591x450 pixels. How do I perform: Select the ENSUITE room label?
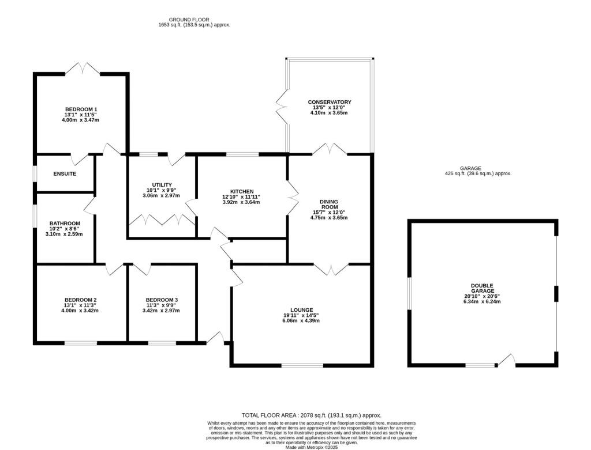[x=65, y=173]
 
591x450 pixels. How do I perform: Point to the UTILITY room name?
[x=162, y=184]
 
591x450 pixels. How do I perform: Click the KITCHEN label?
[x=242, y=191]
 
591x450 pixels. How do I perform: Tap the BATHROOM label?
[x=65, y=224]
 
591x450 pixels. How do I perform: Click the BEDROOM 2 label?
[x=80, y=300]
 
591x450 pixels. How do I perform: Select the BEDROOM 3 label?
[x=162, y=300]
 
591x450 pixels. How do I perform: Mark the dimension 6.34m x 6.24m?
[x=482, y=301]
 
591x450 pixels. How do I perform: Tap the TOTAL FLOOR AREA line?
[x=312, y=415]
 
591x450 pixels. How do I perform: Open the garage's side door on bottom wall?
[x=507, y=361]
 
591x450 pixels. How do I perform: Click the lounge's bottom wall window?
[x=302, y=365]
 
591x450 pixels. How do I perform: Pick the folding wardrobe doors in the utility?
[x=162, y=220]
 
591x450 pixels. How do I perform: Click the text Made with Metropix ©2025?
[x=312, y=447]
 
